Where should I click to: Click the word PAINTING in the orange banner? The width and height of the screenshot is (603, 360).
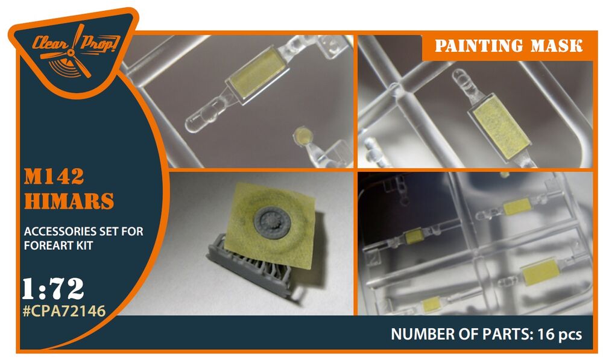[x=478, y=46]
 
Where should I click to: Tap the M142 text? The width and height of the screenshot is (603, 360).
[x=54, y=177]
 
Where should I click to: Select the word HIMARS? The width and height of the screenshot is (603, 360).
[x=69, y=201]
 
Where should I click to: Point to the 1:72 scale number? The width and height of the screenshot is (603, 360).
[x=52, y=289]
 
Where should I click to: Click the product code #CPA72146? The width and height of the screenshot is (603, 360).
[x=64, y=311]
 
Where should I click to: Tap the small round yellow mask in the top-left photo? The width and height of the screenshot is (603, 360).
[x=302, y=136]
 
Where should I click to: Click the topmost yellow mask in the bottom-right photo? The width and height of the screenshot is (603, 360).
[x=517, y=207]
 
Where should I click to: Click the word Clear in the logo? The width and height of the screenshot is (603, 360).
[x=50, y=43]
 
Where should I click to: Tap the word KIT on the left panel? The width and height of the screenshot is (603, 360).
[x=84, y=245]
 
